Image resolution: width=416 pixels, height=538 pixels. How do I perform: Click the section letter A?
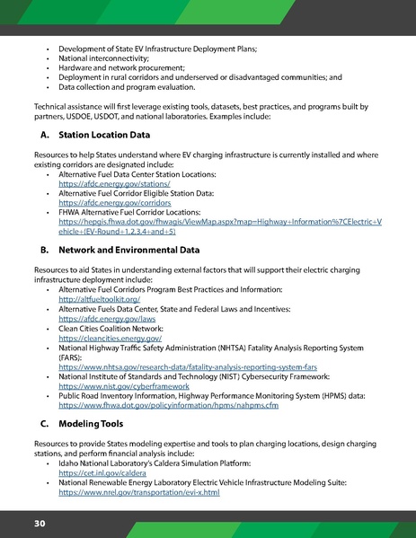42,136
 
